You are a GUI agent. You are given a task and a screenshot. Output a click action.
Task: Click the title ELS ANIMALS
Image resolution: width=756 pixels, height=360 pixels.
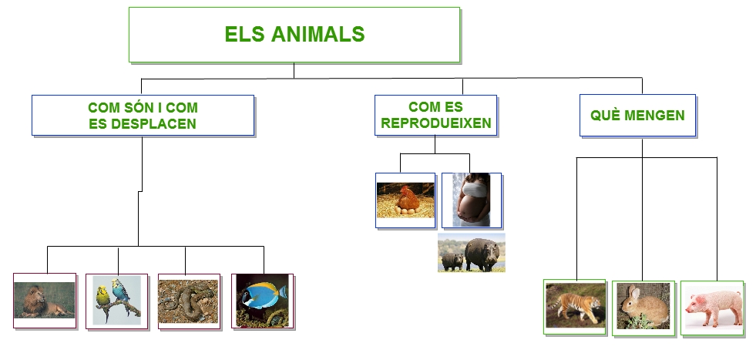click(x=294, y=34)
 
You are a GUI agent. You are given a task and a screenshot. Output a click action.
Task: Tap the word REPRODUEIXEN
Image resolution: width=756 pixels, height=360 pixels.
click(x=436, y=123)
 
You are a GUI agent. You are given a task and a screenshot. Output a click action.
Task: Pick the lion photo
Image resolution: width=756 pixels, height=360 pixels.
click(x=45, y=300)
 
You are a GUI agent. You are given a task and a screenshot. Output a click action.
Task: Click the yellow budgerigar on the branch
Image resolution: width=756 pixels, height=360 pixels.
click(x=102, y=297)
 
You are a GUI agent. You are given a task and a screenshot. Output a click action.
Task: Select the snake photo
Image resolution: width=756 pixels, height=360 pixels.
click(x=188, y=301)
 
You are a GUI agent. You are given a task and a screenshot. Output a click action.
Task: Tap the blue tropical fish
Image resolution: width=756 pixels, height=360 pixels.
click(x=264, y=295)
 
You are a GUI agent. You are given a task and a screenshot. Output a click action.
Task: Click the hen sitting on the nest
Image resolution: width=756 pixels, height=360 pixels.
click(x=408, y=198)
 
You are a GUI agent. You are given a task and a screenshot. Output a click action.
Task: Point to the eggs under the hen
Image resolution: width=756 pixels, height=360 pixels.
click(x=405, y=210)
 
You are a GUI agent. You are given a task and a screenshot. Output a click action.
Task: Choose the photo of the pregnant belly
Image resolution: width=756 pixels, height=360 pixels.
click(x=471, y=200)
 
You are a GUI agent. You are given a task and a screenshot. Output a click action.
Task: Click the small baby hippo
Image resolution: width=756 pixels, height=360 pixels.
click(x=452, y=261)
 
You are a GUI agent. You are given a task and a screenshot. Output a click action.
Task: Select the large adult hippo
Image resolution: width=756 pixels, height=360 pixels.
click(x=482, y=254)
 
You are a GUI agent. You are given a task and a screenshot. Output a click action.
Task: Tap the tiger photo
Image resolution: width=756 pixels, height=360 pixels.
click(x=576, y=305)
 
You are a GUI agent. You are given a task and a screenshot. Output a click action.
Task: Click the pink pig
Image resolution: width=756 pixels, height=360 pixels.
click(x=714, y=308)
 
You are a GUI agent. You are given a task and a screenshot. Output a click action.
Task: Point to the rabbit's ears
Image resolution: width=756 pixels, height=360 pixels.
click(x=633, y=293)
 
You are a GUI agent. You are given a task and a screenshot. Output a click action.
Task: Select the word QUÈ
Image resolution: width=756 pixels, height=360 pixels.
click(x=605, y=116)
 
